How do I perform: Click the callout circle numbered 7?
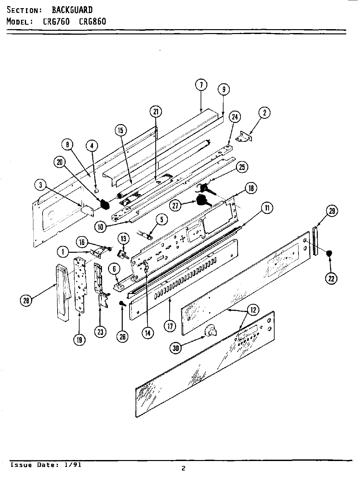coord(201,85)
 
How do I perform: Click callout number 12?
coord(253,310)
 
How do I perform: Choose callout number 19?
coord(80,340)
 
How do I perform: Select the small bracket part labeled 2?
coord(245,137)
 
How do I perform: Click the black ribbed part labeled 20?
coord(104,205)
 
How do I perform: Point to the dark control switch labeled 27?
coord(202,200)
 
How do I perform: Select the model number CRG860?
coord(93,22)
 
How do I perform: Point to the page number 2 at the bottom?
coord(183,469)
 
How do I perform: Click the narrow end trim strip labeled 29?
coord(315,241)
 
